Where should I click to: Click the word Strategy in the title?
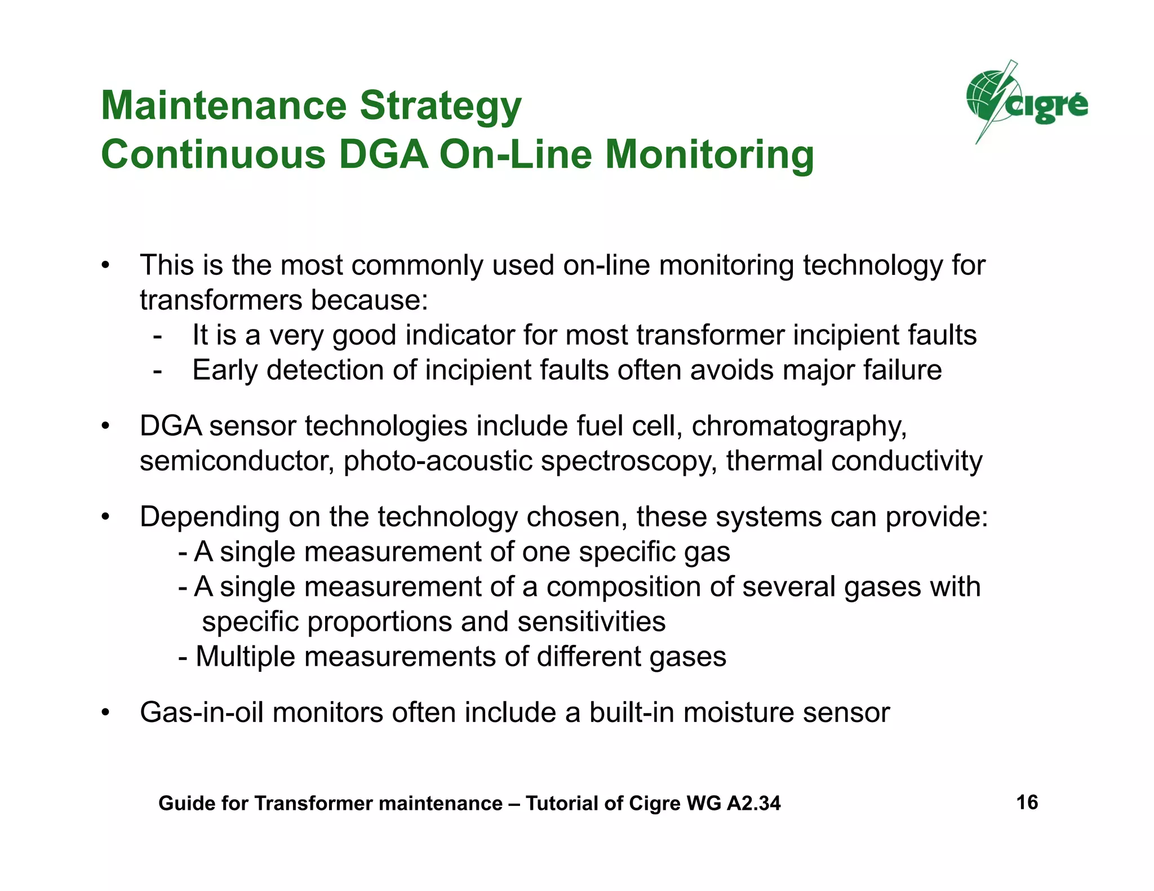point(440,106)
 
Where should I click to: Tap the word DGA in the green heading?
point(383,155)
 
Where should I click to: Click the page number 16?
point(1027,802)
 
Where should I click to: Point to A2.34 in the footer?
point(753,803)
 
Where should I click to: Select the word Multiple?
point(245,657)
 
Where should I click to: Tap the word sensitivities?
point(591,622)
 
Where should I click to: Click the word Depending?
point(209,517)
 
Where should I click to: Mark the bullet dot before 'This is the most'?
point(105,266)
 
